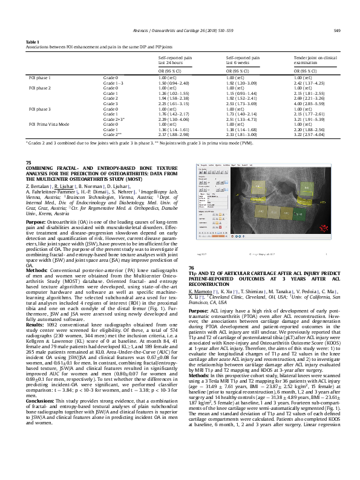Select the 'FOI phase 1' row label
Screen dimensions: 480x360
(x=40, y=78)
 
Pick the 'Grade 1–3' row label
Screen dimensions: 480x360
(x=113, y=83)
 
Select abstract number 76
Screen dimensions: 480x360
(x=192, y=284)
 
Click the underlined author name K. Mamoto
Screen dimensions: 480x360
(x=200, y=308)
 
